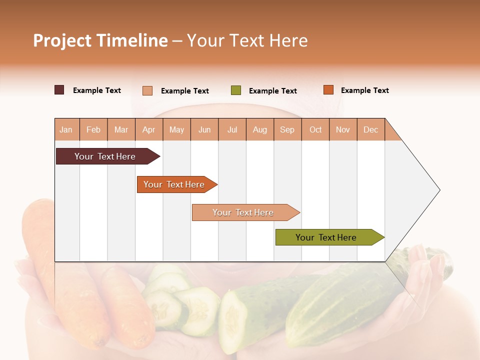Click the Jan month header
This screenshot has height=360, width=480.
pyautogui.click(x=66, y=129)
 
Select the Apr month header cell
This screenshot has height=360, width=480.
pyautogui.click(x=149, y=129)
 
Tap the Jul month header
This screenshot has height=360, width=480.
pyautogui.click(x=232, y=129)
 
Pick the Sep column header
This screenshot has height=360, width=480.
pyautogui.click(x=287, y=129)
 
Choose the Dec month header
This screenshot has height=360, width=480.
pyautogui.click(x=370, y=129)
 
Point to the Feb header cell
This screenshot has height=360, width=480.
pyautogui.click(x=93, y=129)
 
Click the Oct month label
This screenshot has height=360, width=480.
pyautogui.click(x=315, y=129)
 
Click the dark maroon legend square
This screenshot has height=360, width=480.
pyautogui.click(x=59, y=90)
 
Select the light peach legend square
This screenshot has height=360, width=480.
pyautogui.click(x=147, y=90)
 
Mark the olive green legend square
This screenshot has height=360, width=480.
pyautogui.click(x=236, y=90)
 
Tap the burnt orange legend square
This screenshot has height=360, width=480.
pyautogui.click(x=328, y=90)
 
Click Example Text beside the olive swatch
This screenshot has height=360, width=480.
pyautogui.click(x=272, y=91)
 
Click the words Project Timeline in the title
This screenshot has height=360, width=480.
pyautogui.click(x=100, y=40)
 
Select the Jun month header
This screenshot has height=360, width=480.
pyautogui.click(x=204, y=129)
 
